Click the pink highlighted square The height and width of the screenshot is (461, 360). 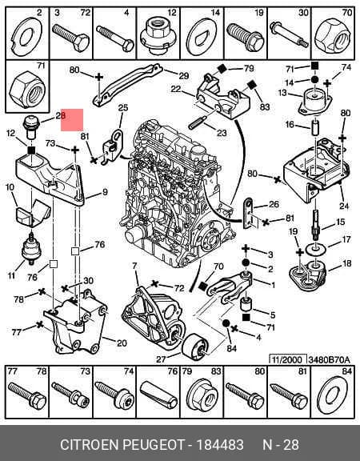click(x=72, y=120)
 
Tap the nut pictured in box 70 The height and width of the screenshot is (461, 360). click(x=332, y=36)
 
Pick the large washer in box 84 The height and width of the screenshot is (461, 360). click(x=332, y=394)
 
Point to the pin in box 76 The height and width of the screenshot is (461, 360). click(x=159, y=395)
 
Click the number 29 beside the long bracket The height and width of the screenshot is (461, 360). click(x=184, y=75)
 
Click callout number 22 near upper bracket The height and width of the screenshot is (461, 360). click(x=176, y=89)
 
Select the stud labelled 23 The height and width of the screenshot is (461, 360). click(x=198, y=122)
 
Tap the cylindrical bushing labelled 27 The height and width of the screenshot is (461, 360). click(x=195, y=347)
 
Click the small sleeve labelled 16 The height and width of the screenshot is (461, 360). click(x=314, y=126)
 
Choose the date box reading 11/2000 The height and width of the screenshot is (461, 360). click(x=288, y=359)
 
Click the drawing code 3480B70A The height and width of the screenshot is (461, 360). click(x=329, y=359)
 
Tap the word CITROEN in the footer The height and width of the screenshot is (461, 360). click(x=90, y=444)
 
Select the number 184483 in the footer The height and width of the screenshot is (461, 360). click(x=220, y=444)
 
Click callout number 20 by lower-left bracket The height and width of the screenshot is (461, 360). click(x=122, y=343)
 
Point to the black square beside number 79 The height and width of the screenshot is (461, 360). click(x=222, y=69)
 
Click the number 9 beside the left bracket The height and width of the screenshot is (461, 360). click(x=105, y=192)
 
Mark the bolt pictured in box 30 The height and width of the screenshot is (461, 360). click(x=289, y=34)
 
